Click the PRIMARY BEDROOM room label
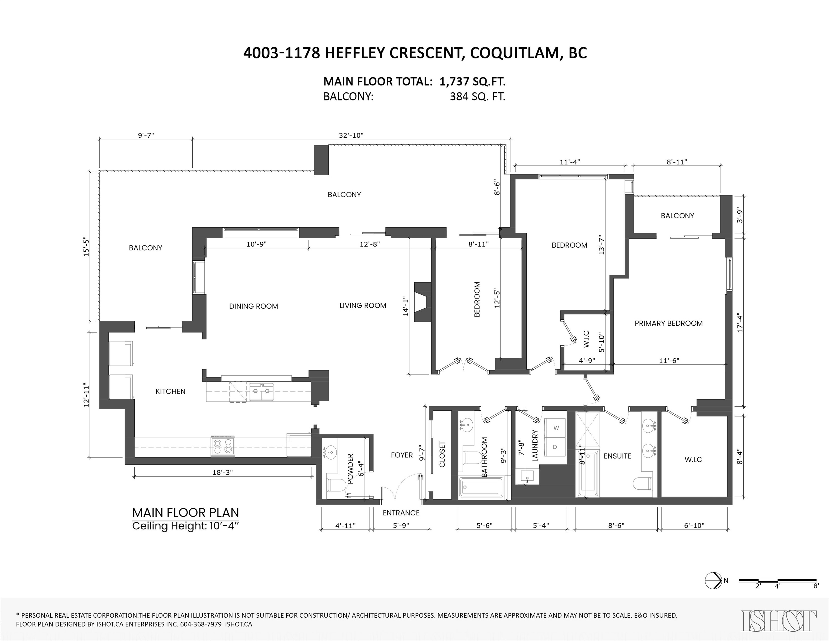(x=668, y=323)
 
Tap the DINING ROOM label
(x=253, y=306)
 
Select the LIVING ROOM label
(x=363, y=305)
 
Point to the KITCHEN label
(x=171, y=391)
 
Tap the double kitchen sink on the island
(x=261, y=392)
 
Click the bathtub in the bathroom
(x=482, y=487)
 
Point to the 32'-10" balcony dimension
(x=351, y=135)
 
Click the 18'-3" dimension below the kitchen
(x=223, y=472)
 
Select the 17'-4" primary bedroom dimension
(x=739, y=323)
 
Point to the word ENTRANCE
(x=401, y=513)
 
